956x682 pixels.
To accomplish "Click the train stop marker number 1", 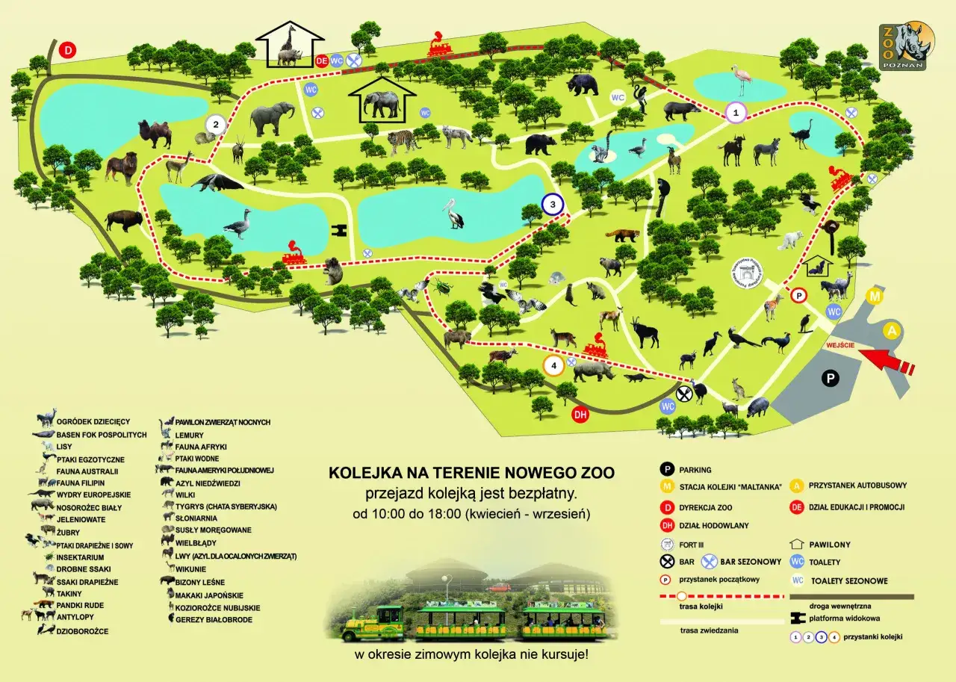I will click(x=736, y=113).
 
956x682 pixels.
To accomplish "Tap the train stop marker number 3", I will click(x=552, y=204).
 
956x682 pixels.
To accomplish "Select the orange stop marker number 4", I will click(x=553, y=365).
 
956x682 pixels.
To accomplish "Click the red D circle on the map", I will click(x=68, y=51).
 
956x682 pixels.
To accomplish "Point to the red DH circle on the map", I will click(x=580, y=415).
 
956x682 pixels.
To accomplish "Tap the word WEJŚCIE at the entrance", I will click(x=840, y=345).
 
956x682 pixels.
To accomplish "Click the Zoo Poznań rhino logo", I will click(x=907, y=46).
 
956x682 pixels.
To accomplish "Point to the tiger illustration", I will click(x=403, y=138).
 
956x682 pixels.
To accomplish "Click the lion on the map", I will click(x=121, y=168).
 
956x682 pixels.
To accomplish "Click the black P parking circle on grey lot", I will click(x=830, y=379).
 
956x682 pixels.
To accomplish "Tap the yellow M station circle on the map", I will click(x=875, y=297).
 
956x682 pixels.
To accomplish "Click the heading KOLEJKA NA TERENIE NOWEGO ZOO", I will click(x=472, y=473).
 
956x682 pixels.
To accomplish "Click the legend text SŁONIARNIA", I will click(x=196, y=518).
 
